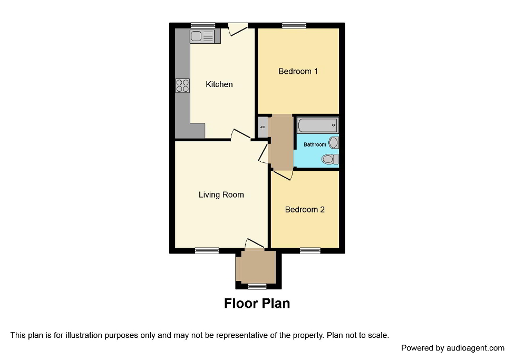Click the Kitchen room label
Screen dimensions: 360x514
coord(219,84)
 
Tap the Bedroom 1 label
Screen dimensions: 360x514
coord(298,71)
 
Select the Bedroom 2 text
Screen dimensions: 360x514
coord(305,209)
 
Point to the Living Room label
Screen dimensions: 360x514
coord(221,194)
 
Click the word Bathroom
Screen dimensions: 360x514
coord(315,144)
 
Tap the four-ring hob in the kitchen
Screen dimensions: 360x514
coord(182,85)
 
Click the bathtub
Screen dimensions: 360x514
coord(317,125)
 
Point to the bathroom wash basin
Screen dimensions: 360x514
coord(334,142)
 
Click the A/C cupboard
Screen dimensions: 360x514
coord(262,127)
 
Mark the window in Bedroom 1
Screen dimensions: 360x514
coord(294,25)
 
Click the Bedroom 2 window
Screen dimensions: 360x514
coord(310,251)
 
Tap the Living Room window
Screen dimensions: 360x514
coord(207,251)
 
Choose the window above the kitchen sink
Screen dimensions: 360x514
coord(203,25)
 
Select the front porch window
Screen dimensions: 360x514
coord(257,286)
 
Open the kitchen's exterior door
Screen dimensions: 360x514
coord(237,29)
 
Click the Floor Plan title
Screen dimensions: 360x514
coord(257,304)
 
